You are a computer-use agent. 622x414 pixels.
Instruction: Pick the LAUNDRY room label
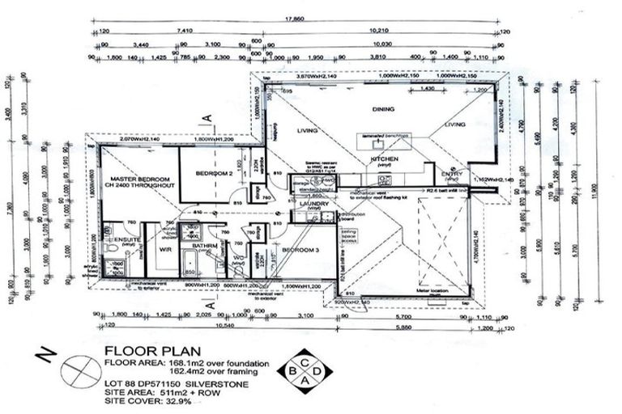pos(311,204)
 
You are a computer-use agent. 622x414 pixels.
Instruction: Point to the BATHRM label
pos(203,245)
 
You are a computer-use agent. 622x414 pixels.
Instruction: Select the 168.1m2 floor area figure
pos(173,362)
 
